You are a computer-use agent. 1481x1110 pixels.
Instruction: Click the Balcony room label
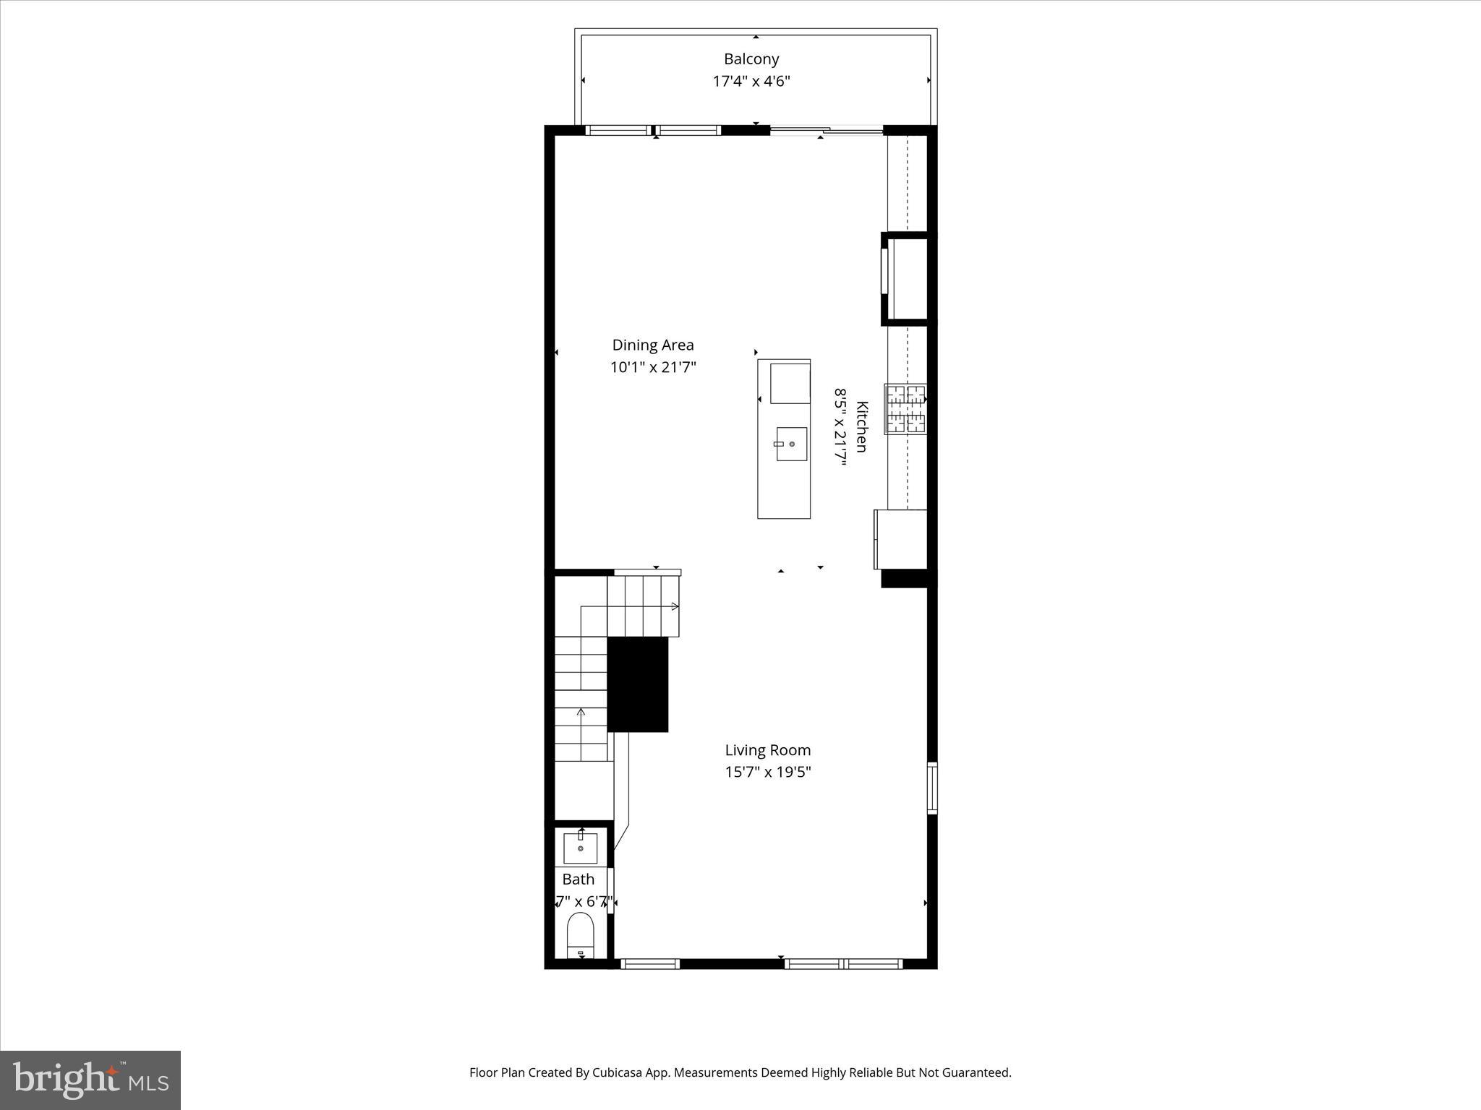[x=751, y=59]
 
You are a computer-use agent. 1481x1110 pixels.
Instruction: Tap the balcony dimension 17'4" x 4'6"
[x=751, y=81]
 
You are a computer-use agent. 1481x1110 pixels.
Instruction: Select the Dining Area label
[x=653, y=345]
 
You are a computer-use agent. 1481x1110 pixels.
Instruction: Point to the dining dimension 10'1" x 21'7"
[x=653, y=367]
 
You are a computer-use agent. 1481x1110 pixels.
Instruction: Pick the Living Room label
[x=768, y=750]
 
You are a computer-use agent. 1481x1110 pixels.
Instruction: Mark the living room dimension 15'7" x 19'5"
[x=768, y=772]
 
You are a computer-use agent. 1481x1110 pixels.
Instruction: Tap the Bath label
[x=579, y=879]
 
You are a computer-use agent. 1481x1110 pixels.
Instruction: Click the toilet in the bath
[x=580, y=934]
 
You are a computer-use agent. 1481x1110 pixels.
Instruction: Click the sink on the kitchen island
[x=791, y=444]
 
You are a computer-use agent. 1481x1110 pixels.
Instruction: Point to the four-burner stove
[x=906, y=409]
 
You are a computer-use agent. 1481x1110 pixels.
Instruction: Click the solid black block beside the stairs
[x=637, y=684]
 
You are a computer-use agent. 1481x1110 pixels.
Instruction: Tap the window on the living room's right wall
[x=932, y=788]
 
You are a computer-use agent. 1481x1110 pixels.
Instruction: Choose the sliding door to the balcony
[x=826, y=131]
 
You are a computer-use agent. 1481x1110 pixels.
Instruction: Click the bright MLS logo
[x=90, y=1080]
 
